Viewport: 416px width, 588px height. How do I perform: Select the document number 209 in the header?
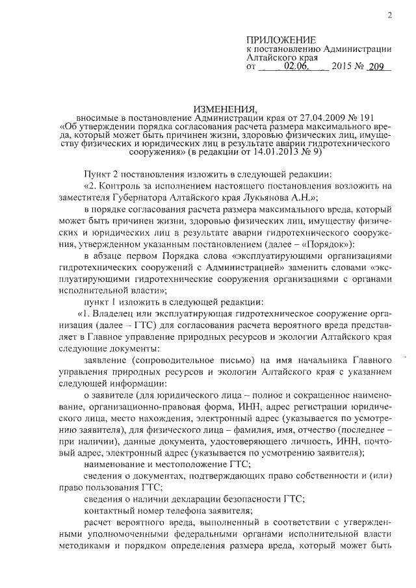pyautogui.click(x=375, y=66)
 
